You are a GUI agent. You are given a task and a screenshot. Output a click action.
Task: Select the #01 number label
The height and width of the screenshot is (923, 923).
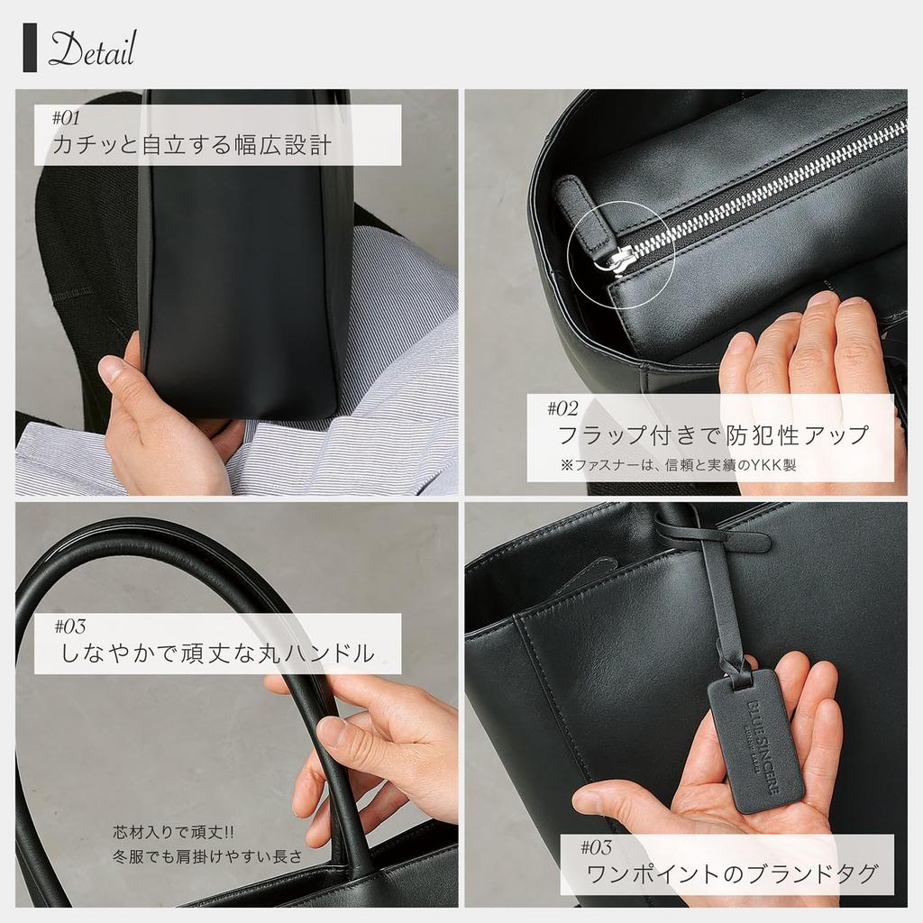point(67,118)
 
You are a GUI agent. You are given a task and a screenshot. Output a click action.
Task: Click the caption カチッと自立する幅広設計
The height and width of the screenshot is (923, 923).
point(192,145)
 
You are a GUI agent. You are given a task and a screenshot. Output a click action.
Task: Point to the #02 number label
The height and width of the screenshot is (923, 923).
point(562,408)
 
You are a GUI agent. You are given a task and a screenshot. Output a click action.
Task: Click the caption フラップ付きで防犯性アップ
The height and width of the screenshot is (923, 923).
point(713,435)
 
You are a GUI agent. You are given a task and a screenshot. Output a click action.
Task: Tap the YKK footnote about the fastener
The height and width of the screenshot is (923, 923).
point(679,466)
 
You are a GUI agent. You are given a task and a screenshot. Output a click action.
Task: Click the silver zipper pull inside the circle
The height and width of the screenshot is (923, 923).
point(620,260)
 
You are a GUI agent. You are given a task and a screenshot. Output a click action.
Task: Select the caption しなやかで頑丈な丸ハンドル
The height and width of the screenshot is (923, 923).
point(215,653)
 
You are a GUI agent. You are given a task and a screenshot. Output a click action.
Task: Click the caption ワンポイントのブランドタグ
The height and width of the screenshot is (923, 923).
point(731,873)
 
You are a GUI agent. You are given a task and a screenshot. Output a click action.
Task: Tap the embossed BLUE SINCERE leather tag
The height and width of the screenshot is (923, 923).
point(755,741)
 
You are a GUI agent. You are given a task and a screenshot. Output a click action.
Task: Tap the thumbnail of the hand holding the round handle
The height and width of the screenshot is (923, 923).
point(332,731)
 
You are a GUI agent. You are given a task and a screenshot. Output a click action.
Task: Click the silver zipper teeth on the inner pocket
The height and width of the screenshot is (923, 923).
point(766,180)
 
